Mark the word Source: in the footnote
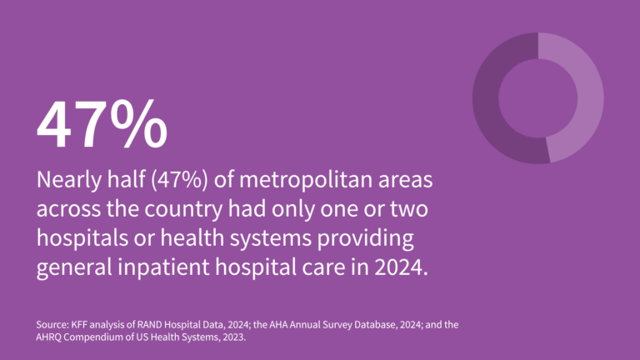pyautogui.click(x=53, y=324)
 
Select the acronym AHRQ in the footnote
pyautogui.click(x=53, y=338)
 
